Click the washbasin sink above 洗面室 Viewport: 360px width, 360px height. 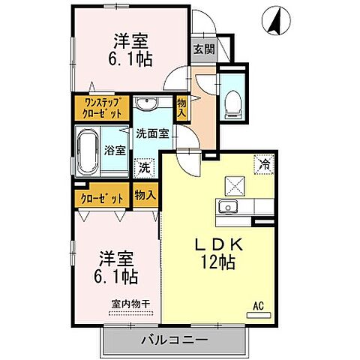(x=145, y=103)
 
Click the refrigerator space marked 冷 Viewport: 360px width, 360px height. (x=264, y=161)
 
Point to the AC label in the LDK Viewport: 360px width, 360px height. (x=258, y=306)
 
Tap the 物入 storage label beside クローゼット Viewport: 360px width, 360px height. (x=145, y=195)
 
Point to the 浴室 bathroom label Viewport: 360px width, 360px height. (x=116, y=149)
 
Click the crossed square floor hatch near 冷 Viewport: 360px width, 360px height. (x=235, y=184)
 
